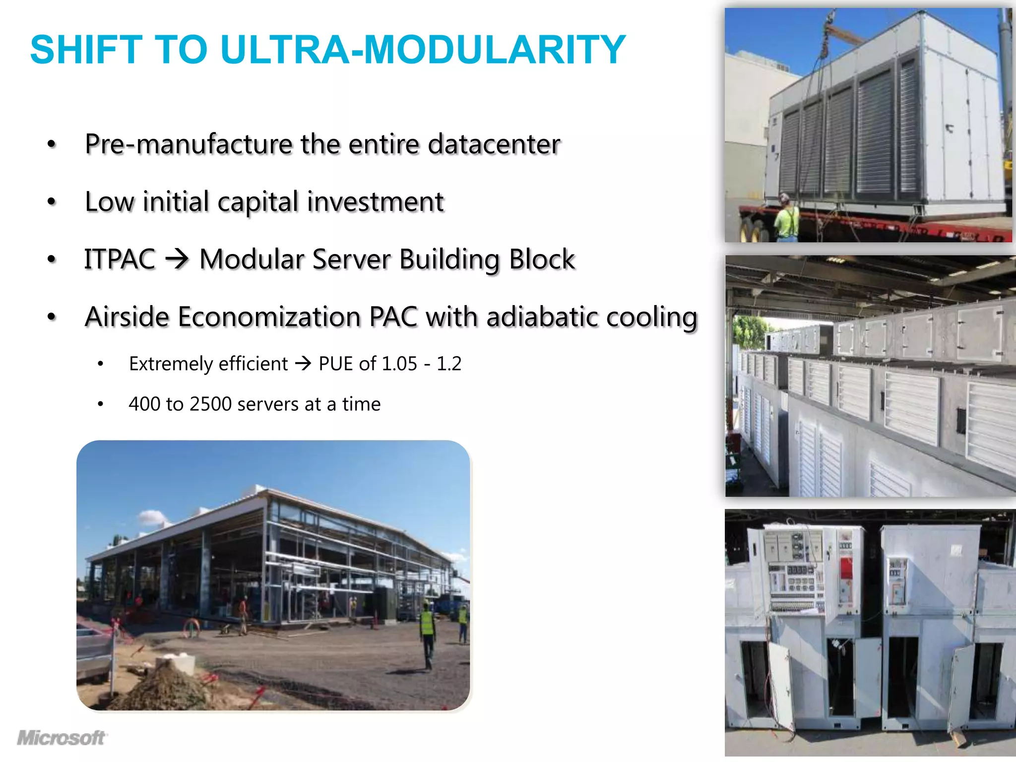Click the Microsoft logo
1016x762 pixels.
tap(62, 738)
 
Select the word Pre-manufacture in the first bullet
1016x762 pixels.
tap(188, 144)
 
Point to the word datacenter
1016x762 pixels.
tap(494, 144)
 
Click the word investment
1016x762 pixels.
tap(375, 202)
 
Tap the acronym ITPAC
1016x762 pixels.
tap(120, 259)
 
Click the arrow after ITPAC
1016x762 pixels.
tap(177, 259)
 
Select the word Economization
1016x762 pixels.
tap(269, 317)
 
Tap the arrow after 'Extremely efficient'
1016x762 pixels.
tap(303, 364)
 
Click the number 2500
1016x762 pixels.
tap(210, 404)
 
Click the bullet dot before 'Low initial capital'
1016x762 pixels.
tap(52, 202)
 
